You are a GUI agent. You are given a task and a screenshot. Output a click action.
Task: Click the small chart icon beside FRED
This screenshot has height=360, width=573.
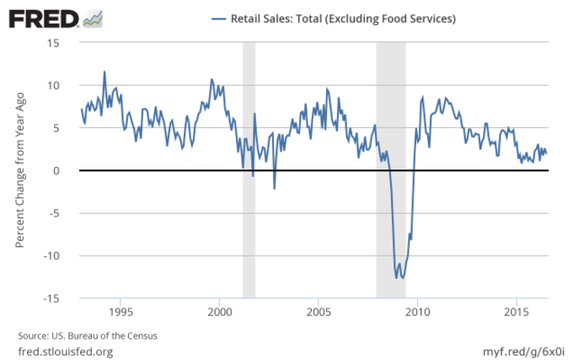point(94,18)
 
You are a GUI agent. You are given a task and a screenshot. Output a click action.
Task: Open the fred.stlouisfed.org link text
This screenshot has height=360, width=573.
point(65,350)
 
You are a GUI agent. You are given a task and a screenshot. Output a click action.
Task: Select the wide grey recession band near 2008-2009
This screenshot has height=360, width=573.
point(390,126)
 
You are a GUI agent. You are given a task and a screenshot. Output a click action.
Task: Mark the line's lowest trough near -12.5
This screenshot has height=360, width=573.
point(403,278)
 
